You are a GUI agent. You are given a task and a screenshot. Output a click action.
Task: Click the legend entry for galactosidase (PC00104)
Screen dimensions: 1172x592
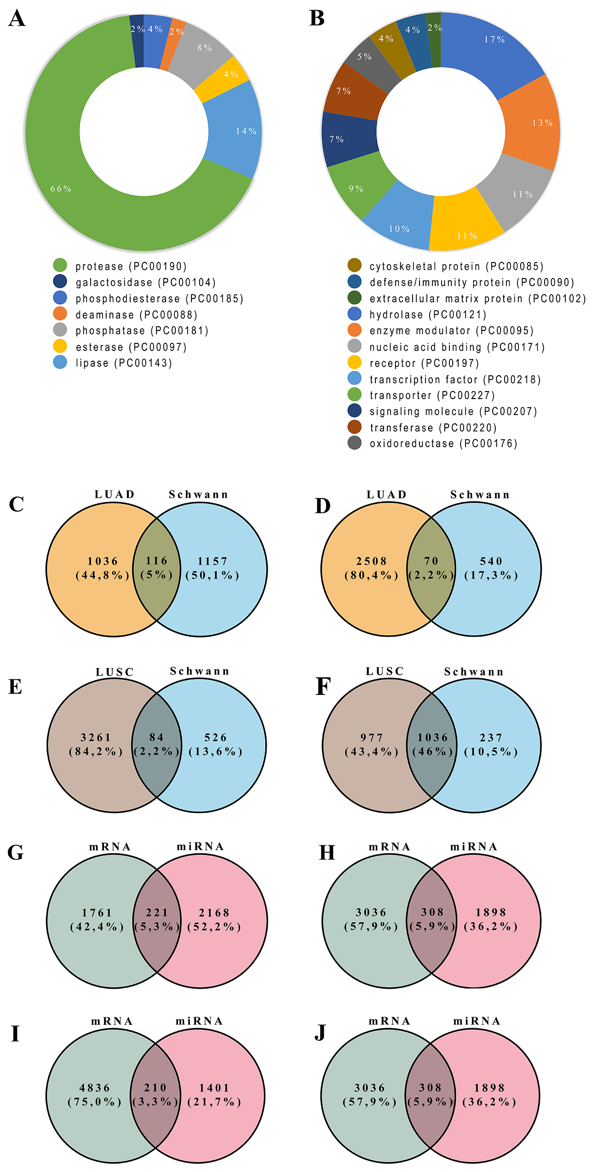[x=145, y=282]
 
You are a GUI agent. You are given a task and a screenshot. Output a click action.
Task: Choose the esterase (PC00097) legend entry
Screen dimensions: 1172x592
[x=131, y=347]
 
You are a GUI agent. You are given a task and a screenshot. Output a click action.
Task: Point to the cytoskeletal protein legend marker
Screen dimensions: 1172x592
[x=354, y=265]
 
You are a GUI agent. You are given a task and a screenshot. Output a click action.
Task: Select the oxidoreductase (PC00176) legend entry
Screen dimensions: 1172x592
[x=443, y=444]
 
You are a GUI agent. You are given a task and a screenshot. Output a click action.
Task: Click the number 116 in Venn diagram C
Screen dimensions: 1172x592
[x=156, y=561]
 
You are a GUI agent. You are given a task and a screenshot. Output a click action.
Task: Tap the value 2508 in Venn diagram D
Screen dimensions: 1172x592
[x=371, y=561]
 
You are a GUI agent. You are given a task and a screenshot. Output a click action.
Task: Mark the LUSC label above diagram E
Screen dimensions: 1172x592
[x=115, y=672]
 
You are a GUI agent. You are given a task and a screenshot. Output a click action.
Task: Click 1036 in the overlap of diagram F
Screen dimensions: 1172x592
[x=432, y=737]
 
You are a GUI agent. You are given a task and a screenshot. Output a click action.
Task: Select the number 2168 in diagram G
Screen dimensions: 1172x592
[x=214, y=912]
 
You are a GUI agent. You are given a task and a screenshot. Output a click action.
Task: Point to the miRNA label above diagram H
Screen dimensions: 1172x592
[x=474, y=847]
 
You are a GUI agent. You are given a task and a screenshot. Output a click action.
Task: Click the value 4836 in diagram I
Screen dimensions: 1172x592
[x=95, y=1088]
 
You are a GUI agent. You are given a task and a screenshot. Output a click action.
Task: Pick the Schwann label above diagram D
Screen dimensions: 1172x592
[x=480, y=495]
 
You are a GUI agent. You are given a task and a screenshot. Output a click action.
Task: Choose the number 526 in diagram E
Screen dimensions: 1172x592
[x=215, y=737]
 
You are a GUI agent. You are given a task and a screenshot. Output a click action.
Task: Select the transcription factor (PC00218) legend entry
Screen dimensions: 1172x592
[x=455, y=379]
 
